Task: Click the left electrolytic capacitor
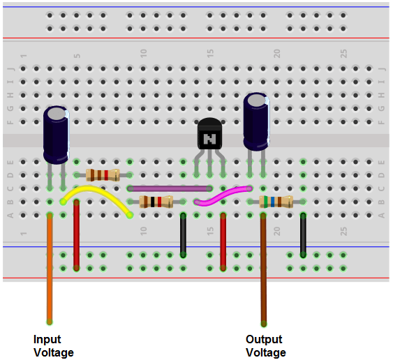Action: (x=56, y=134)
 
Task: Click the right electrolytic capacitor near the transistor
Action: (x=256, y=123)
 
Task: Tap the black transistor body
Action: (x=209, y=134)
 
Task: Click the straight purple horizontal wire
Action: (x=170, y=188)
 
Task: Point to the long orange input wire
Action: (x=50, y=272)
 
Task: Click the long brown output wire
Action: (x=263, y=272)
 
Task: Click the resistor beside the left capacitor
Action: (x=103, y=175)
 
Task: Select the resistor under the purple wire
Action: (x=156, y=202)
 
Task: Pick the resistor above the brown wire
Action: (x=276, y=202)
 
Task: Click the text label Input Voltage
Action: (x=53, y=345)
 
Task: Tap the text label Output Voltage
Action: (x=265, y=345)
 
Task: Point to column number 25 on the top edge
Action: (x=343, y=53)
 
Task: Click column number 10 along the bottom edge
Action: (x=143, y=230)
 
